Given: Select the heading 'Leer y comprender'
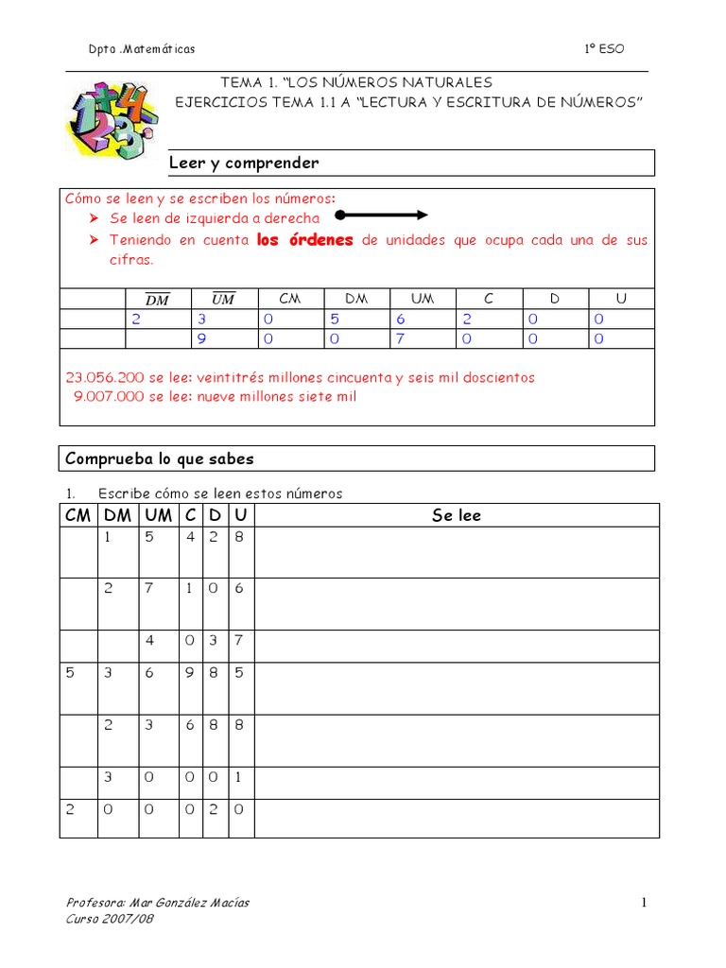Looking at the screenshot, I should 244,163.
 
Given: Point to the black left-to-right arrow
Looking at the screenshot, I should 383,215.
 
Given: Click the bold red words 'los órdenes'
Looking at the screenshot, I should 305,240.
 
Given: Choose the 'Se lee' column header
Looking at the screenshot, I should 457,515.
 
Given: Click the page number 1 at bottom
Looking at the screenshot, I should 644,903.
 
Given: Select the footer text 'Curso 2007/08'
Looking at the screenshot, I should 110,919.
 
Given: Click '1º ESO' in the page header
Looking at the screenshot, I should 605,49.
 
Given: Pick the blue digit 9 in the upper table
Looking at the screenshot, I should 201,338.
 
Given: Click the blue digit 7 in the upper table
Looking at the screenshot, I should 399,338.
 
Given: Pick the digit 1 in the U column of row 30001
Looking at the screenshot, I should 241,778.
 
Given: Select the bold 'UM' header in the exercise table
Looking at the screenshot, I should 159,515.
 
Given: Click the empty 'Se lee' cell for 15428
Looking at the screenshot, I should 457,552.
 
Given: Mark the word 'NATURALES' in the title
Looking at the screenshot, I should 447,83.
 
